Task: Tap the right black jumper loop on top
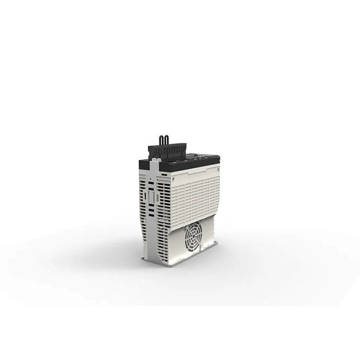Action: (x=167, y=140)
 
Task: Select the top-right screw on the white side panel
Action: (x=217, y=168)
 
